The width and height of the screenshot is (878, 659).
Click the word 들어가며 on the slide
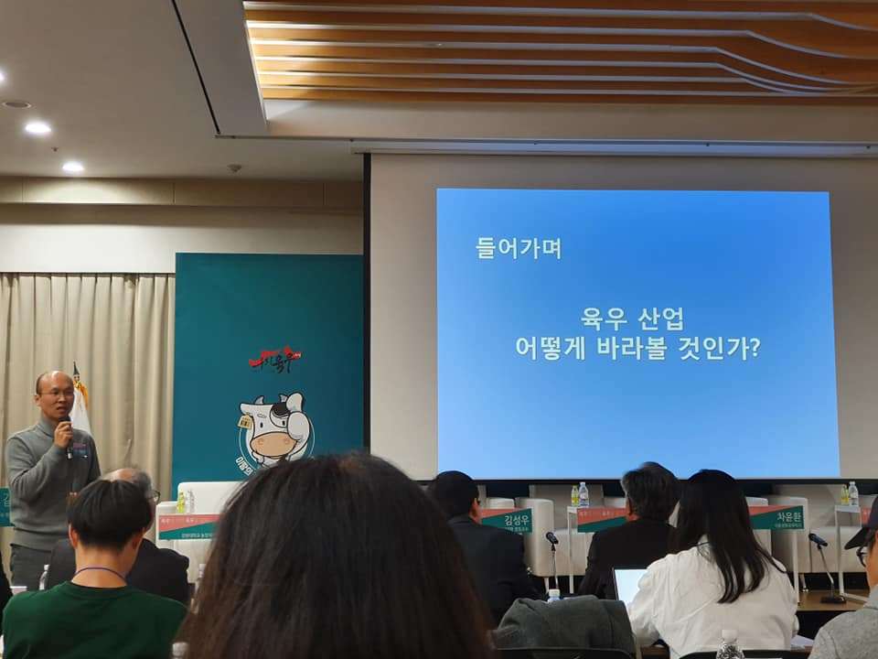518,247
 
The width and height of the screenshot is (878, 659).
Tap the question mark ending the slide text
754,349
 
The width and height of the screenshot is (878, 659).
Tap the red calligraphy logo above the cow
274,360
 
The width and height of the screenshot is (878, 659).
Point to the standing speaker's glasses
57,392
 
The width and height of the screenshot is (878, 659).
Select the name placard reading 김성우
506,521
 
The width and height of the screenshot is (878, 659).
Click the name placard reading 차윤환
776,517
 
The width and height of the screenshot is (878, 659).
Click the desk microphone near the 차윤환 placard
818,541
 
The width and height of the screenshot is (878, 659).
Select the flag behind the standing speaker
80,403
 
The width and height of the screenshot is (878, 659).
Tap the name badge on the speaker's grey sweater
82,450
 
